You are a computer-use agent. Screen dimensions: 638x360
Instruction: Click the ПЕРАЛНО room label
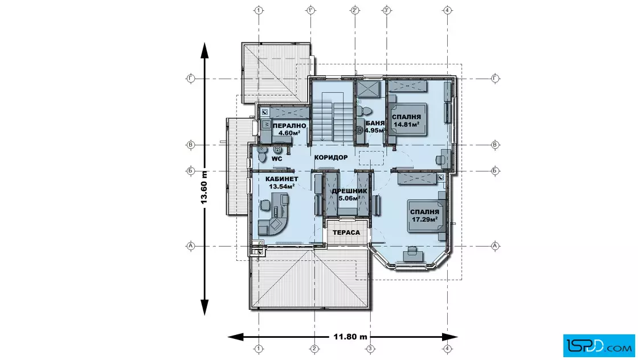click(x=289, y=126)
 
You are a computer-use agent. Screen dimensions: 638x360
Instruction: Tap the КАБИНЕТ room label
click(x=281, y=179)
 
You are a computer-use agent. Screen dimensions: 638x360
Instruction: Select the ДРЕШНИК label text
click(x=349, y=191)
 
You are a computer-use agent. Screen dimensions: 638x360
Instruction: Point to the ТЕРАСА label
click(x=346, y=232)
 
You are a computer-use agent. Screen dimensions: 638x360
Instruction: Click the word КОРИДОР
click(x=331, y=157)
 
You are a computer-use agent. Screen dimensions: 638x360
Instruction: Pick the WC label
click(x=277, y=159)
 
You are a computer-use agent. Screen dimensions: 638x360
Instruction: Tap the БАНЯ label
click(x=375, y=123)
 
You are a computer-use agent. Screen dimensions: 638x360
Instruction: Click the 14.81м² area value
click(x=406, y=125)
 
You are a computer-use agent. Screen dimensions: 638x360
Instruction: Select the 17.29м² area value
click(x=425, y=219)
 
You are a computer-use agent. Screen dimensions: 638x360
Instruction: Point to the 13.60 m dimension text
click(x=205, y=187)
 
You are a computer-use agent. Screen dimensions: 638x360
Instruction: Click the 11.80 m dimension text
click(x=350, y=337)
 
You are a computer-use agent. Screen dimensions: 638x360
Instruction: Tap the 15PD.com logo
click(x=599, y=346)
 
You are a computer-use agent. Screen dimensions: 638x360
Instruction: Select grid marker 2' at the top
click(x=355, y=10)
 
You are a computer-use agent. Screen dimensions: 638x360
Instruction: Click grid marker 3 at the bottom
click(x=370, y=349)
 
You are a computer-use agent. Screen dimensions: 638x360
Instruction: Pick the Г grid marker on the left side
click(x=190, y=79)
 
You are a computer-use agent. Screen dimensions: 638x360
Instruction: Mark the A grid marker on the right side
click(x=495, y=246)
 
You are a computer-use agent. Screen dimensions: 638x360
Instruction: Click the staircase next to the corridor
click(x=333, y=121)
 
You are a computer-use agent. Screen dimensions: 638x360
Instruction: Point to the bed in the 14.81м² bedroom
click(x=407, y=119)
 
